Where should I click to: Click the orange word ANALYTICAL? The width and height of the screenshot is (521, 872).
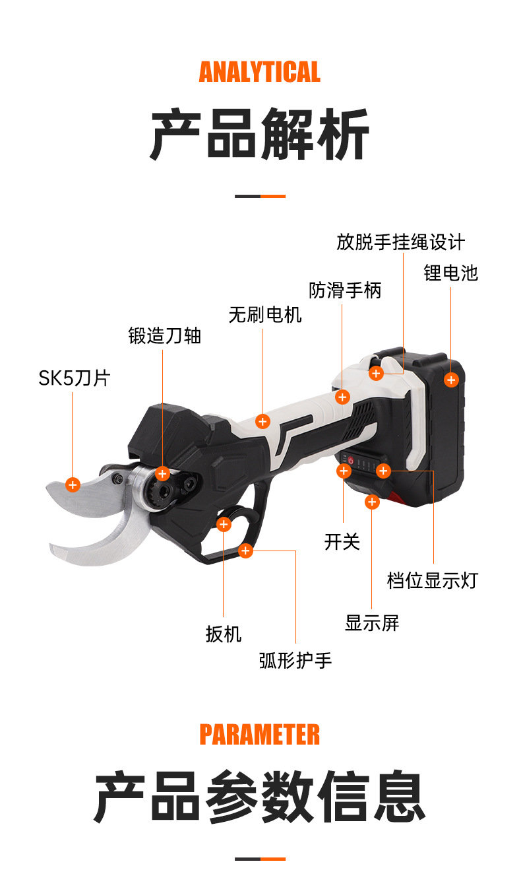260,72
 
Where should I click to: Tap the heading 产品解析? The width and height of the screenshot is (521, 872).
260,135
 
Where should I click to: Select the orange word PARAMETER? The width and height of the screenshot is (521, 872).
260,734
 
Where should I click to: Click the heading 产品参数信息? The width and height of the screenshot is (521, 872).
260,797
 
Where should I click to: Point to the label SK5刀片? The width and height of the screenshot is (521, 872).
74,378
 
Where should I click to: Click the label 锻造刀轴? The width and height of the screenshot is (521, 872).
164,336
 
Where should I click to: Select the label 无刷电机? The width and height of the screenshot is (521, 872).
265,315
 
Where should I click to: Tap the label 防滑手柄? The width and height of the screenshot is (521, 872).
345,290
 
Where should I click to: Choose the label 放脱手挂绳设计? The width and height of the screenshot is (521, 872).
400,242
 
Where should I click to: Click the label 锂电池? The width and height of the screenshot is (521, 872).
450,273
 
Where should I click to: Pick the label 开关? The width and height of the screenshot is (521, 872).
342,542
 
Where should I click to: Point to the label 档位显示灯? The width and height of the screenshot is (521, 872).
432,581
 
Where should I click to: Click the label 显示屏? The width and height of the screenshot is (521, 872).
372,622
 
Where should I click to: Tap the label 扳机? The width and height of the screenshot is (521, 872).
224,635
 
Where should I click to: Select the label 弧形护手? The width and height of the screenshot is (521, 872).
295,659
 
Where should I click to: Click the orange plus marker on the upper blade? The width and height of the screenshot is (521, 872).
73,485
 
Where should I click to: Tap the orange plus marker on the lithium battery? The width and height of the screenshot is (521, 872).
451,380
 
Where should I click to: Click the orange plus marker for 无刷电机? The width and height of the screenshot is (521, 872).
262,421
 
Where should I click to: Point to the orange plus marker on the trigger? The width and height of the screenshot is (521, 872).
224,524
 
